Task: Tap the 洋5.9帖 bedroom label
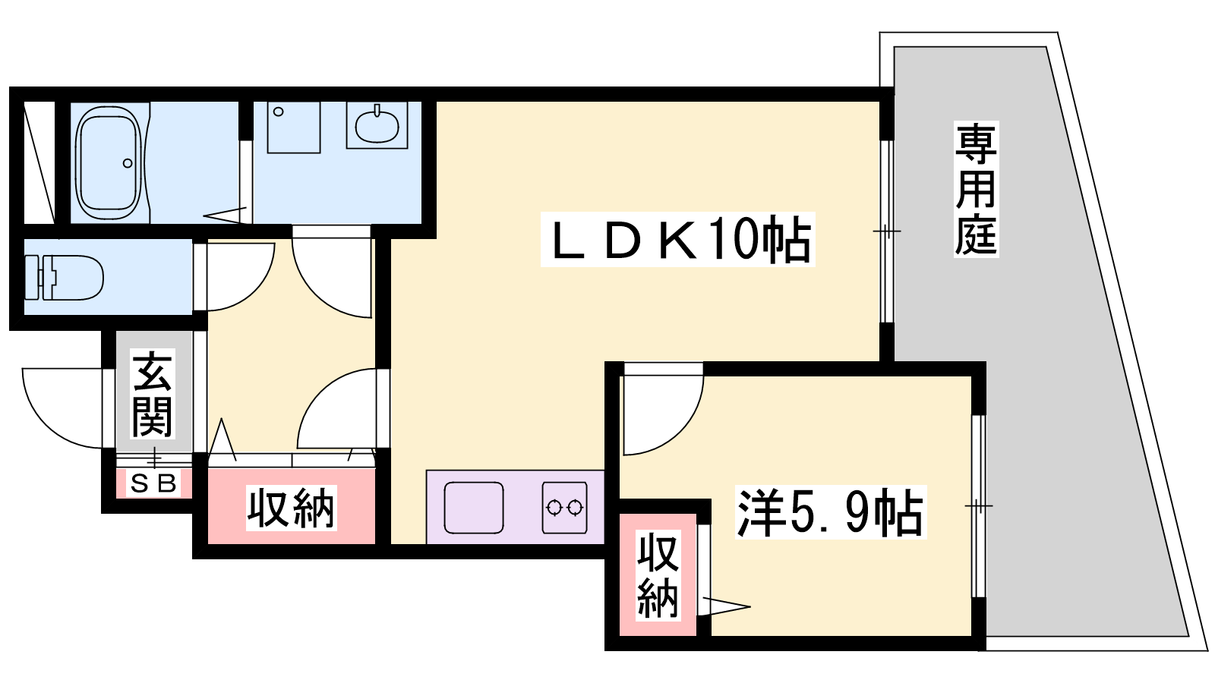pyautogui.click(x=831, y=512)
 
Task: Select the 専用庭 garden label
pyautogui.click(x=977, y=189)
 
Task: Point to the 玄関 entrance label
pyautogui.click(x=153, y=394)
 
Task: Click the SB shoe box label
pyautogui.click(x=154, y=483)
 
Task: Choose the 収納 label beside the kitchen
pyautogui.click(x=292, y=508)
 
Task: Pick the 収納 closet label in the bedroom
pyautogui.click(x=658, y=576)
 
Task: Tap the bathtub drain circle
pyautogui.click(x=128, y=163)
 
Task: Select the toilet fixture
pyautogui.click(x=64, y=278)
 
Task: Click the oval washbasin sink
pyautogui.click(x=377, y=125)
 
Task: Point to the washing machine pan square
pyautogui.click(x=293, y=127)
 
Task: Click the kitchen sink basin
pyautogui.click(x=474, y=508)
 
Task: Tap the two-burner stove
pyautogui.click(x=564, y=508)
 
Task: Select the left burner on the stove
pyautogui.click(x=554, y=508)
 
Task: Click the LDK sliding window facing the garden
pyautogui.click(x=887, y=231)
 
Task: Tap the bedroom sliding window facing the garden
pyautogui.click(x=979, y=506)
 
